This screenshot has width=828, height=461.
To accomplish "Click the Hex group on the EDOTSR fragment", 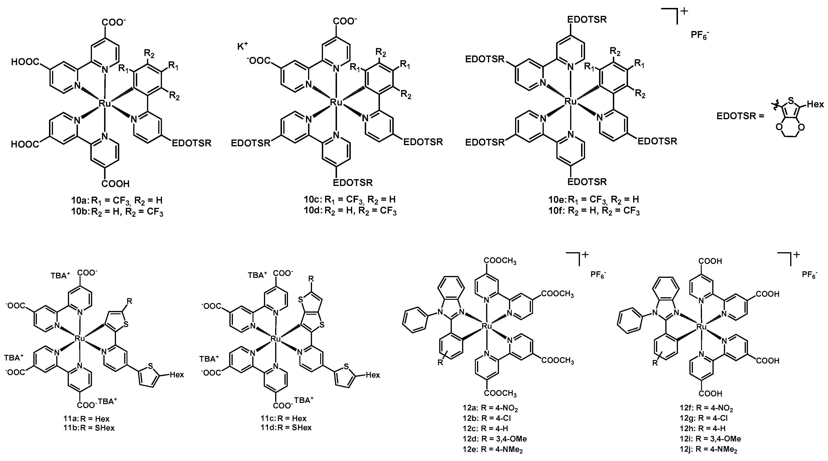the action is [x=815, y=105].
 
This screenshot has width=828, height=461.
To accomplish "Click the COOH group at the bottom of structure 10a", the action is [x=116, y=184].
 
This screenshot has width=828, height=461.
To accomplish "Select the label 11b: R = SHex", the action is [x=89, y=428].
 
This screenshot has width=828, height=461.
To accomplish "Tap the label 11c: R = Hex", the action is [x=284, y=418].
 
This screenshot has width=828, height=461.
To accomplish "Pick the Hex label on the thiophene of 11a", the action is [x=177, y=375].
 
